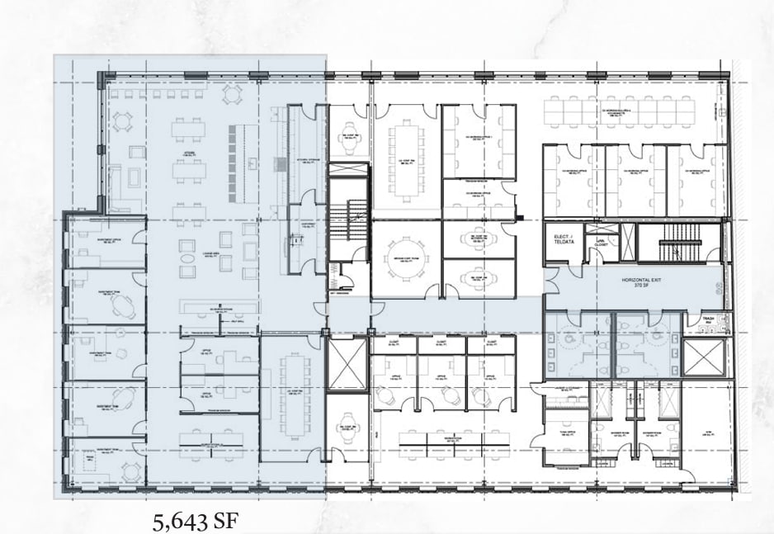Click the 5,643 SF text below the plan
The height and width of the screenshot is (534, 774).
click(x=197, y=522)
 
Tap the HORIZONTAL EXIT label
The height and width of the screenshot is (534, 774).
click(x=644, y=281)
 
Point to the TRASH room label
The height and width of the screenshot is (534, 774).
click(x=707, y=318)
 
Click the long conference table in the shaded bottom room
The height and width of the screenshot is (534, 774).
click(x=292, y=396)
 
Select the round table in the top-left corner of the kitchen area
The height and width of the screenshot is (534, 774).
click(x=123, y=121)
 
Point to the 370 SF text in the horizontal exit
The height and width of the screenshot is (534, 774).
click(x=644, y=289)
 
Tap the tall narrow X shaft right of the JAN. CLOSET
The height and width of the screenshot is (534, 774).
click(x=630, y=243)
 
